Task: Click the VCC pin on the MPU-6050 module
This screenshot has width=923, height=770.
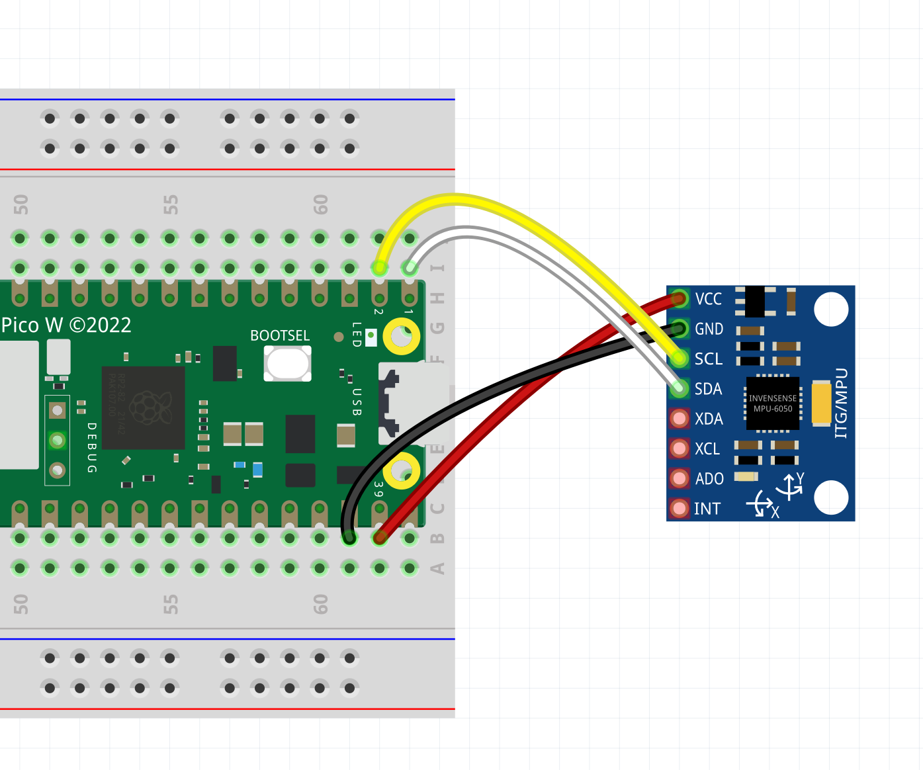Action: pos(679,299)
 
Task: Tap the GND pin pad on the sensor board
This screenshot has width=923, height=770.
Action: pos(679,329)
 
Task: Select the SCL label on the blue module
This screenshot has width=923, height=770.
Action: pos(708,359)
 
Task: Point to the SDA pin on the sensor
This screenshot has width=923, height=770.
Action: pos(679,389)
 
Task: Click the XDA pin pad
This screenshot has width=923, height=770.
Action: pos(679,419)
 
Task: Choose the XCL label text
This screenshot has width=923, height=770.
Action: pos(707,449)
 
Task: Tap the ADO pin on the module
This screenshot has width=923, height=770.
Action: pos(679,478)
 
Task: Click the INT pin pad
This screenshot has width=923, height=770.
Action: pos(679,509)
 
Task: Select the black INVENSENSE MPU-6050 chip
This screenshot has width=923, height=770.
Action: pos(772,404)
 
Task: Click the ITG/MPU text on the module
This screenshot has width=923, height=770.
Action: pos(841,404)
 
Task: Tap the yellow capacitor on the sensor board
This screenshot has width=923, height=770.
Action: pos(821,402)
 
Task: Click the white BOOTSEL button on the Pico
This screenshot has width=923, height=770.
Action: pos(287,363)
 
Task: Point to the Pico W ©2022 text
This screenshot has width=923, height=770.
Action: pos(66,325)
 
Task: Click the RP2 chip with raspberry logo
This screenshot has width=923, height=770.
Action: pos(143,407)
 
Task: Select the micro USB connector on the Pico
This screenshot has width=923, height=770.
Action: pos(404,403)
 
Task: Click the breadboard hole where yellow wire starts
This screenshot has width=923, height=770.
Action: pos(379,268)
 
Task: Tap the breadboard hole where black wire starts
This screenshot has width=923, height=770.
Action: pos(349,538)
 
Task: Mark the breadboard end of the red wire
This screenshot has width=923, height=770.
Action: pos(379,538)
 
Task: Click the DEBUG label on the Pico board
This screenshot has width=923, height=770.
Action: pos(92,448)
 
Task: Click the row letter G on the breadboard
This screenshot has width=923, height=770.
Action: pos(437,328)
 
